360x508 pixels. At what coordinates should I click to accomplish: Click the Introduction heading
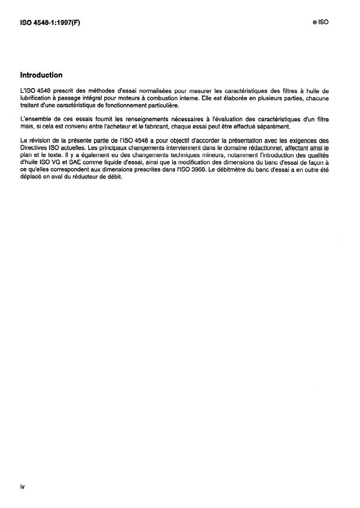point(41,75)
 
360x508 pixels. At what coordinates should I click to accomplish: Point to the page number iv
point(22,487)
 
